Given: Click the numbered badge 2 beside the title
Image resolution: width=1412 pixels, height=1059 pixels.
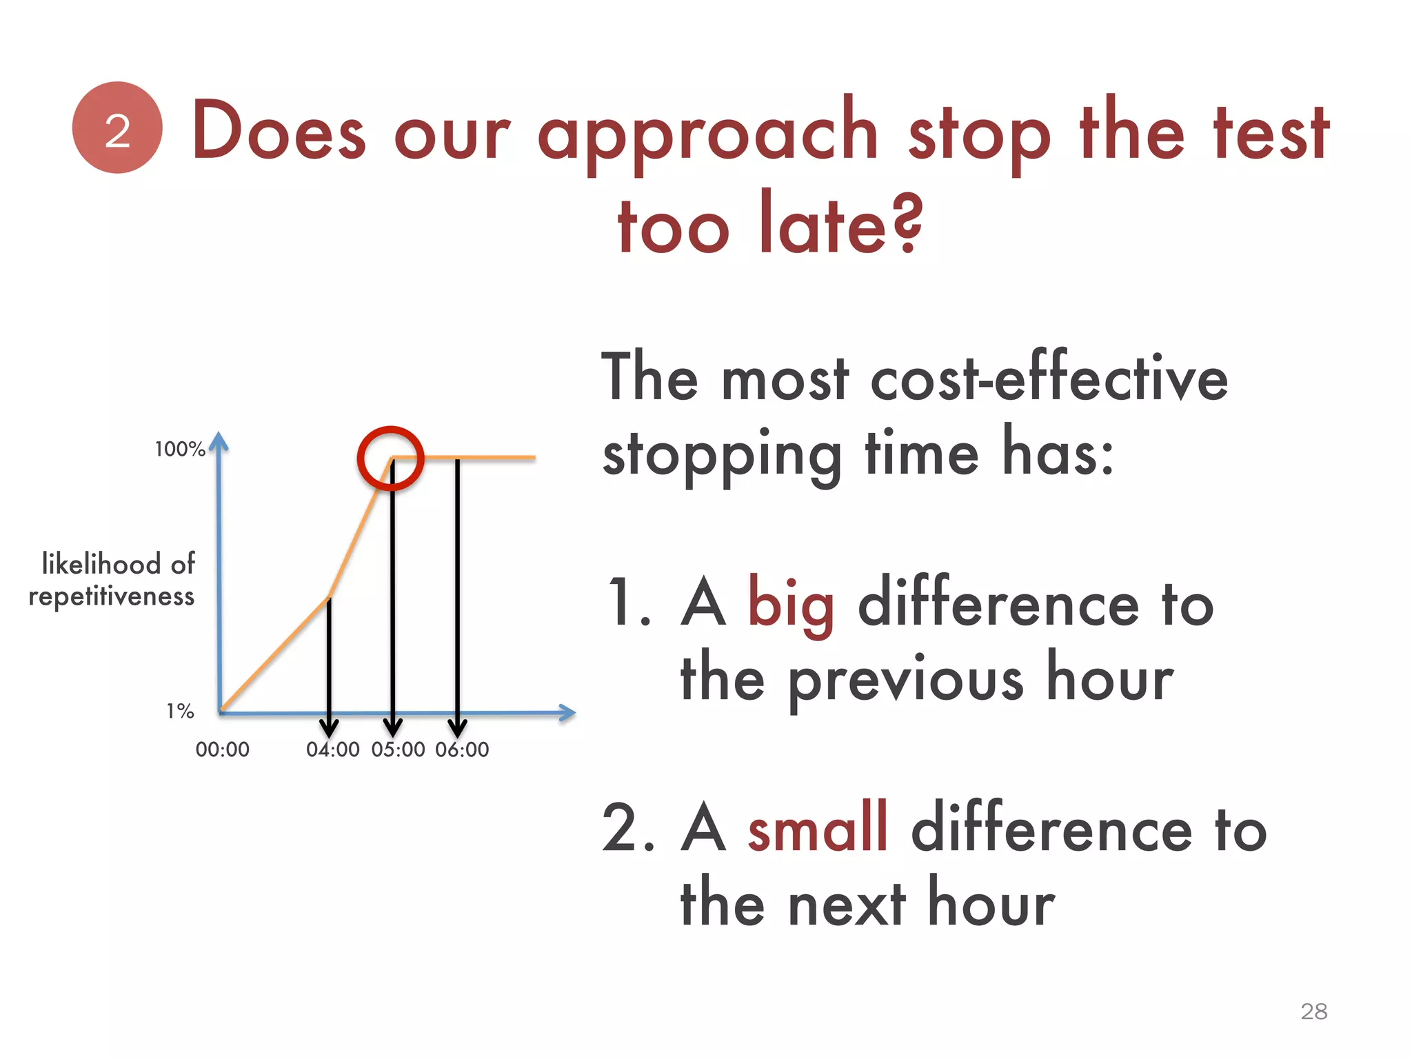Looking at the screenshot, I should (x=117, y=128).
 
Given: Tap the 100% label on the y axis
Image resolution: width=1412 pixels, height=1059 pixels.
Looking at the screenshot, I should (x=180, y=450).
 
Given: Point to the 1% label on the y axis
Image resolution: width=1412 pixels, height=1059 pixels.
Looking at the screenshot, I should (x=180, y=711).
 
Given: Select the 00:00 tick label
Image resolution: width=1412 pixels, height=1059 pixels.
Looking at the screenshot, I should (x=222, y=749).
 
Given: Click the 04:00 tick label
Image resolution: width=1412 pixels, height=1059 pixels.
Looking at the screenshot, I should (x=332, y=749).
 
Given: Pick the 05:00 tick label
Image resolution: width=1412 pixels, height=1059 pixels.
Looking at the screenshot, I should (x=398, y=749).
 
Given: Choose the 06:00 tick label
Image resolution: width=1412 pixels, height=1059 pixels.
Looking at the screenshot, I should (x=462, y=749).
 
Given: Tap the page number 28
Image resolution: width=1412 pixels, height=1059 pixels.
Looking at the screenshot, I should (x=1313, y=1011).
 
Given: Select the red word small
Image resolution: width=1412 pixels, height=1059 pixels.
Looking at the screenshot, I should (x=818, y=829).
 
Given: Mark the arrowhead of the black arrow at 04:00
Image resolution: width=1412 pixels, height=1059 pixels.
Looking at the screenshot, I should (x=329, y=728).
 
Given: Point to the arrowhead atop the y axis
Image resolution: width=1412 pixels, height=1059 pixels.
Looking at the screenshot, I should (x=219, y=441).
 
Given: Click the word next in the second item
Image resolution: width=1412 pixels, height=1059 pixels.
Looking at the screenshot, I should (x=846, y=904).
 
